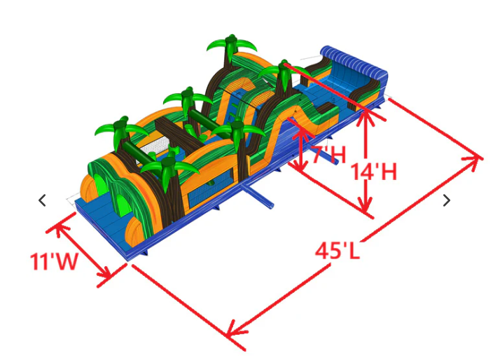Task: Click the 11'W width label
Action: click(x=54, y=261)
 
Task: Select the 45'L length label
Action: click(x=338, y=251)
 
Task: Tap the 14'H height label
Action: click(x=373, y=172)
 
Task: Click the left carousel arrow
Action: click(x=42, y=200)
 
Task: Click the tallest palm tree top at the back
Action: click(x=232, y=45)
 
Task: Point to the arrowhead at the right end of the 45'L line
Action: click(x=475, y=159)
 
